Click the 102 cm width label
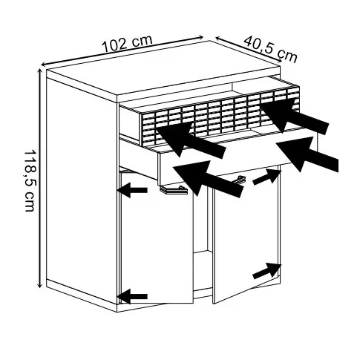point(127,44)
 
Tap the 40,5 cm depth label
point(270,50)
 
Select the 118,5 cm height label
point(30,180)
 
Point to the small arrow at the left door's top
point(132,190)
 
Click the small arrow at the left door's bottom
point(132,296)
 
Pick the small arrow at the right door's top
point(267,177)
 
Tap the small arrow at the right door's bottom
point(267,271)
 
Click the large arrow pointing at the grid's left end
point(191,140)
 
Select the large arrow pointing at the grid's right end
point(295,117)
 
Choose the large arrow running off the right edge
point(307,154)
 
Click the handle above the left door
point(173,190)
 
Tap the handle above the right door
point(240,180)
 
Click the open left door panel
point(157,238)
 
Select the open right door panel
point(246,235)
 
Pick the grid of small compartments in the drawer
point(220,117)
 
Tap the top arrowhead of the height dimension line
point(39,71)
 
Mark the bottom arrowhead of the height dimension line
point(39,285)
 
